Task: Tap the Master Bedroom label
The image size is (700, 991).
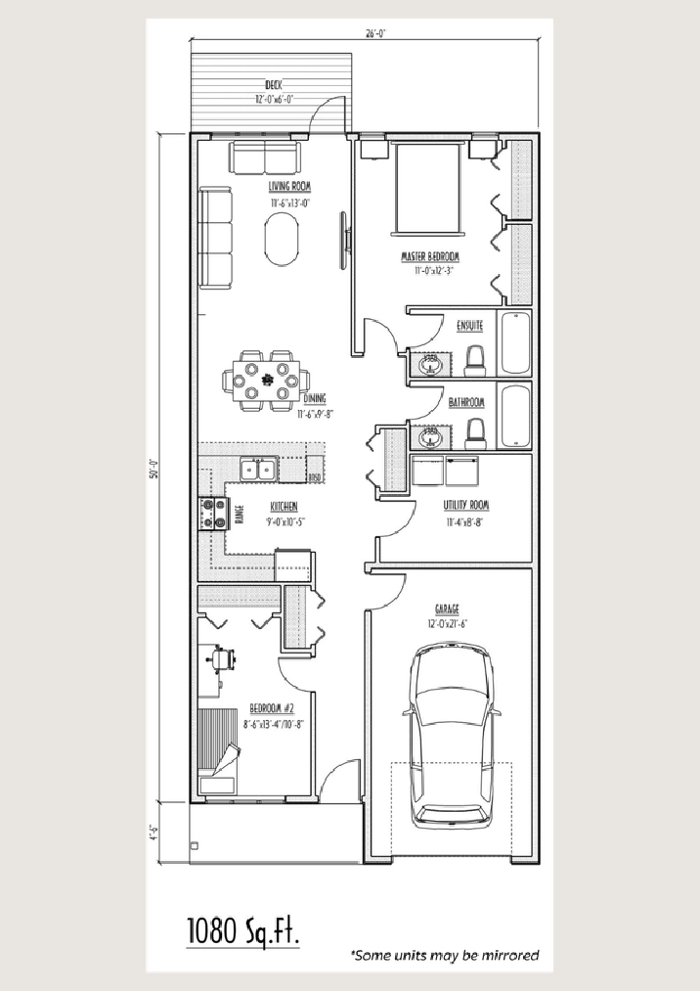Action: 429,257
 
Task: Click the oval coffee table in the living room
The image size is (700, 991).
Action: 284,240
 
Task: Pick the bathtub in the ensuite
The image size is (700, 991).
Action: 515,343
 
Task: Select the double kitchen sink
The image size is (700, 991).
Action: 258,470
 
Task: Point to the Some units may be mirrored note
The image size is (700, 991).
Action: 445,954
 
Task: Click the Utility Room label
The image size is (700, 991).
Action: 465,506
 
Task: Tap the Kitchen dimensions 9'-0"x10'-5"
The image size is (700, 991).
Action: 284,521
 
